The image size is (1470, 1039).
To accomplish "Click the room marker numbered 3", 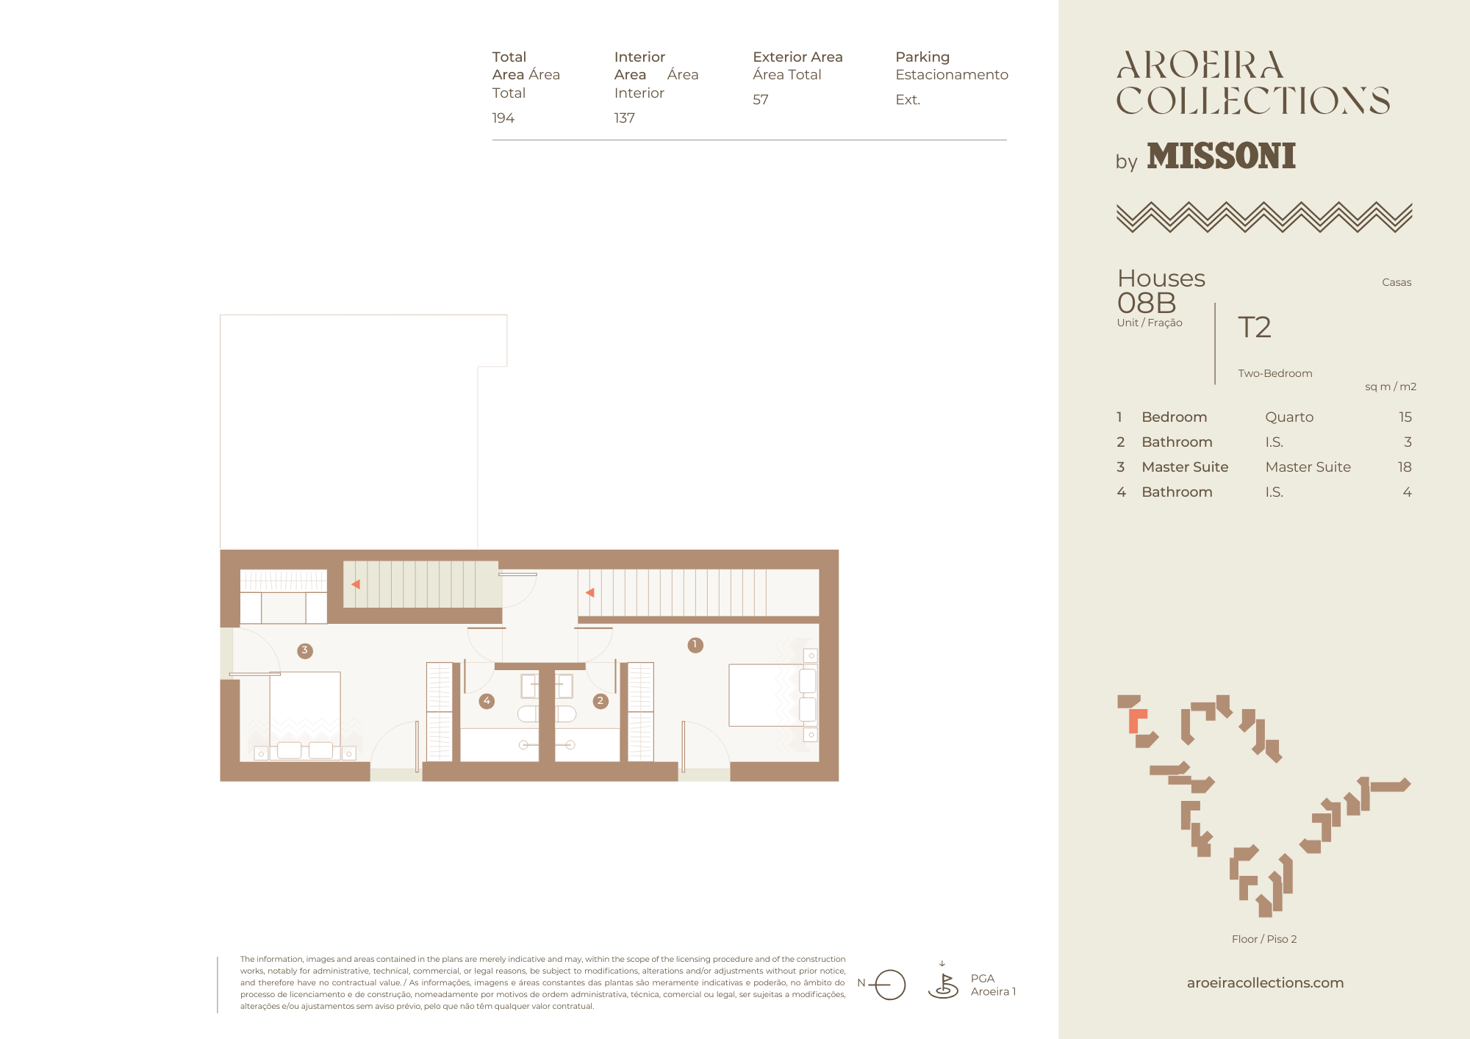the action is tap(305, 650).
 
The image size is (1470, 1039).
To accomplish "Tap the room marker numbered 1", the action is tap(695, 645).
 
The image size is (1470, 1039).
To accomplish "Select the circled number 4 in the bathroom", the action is tap(487, 701).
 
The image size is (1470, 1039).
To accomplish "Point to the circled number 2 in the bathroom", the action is tap(600, 701).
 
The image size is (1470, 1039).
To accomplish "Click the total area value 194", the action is tap(503, 118).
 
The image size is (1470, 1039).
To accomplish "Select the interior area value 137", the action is tap(625, 118).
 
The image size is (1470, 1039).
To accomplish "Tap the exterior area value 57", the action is tap(761, 100).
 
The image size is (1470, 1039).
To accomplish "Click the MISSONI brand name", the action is tap(1222, 157).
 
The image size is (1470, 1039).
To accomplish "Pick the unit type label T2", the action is tap(1255, 328).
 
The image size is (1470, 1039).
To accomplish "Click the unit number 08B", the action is tap(1147, 303).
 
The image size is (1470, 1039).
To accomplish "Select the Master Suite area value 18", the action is tap(1405, 467).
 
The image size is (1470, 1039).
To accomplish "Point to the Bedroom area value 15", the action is tap(1405, 417).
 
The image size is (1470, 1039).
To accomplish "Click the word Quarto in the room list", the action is tap(1289, 417).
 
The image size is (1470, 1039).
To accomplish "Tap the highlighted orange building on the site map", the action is tap(1136, 720).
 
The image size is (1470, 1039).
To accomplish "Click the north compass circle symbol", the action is tap(890, 985).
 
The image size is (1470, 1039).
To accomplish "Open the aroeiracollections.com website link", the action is tap(1265, 983).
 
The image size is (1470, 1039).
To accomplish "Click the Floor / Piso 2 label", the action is tap(1264, 939).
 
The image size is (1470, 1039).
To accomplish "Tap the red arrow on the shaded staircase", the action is tap(356, 584).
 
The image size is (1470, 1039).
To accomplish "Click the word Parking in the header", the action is tap(922, 57).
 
